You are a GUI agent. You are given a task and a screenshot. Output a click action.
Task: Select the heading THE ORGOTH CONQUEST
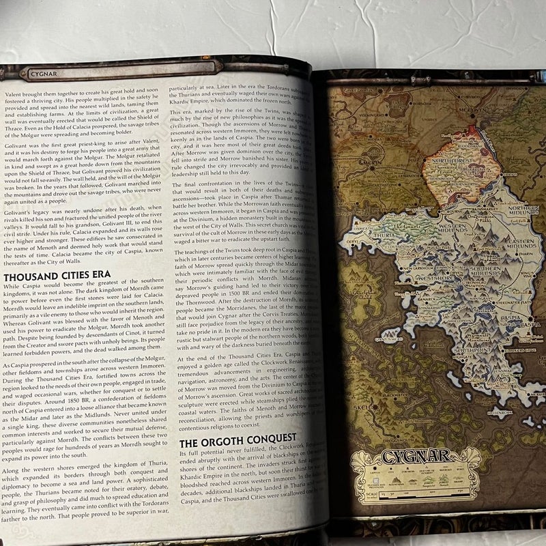[x=238, y=437]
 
